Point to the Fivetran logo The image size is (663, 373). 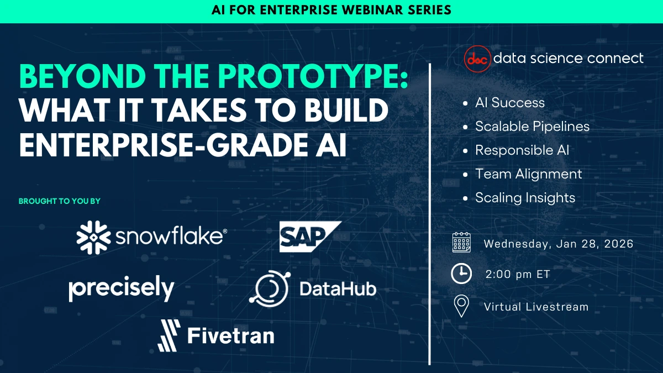point(216,335)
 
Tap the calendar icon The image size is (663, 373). point(461,243)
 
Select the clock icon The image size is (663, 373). point(461,274)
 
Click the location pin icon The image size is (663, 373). point(461,306)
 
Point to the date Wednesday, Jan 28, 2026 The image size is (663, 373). point(558,244)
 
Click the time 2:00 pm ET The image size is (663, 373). point(517,274)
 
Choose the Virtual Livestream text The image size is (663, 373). point(536,307)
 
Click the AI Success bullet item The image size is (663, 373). point(509,103)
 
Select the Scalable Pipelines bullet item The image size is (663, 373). point(532,127)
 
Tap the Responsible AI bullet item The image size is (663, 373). point(522,150)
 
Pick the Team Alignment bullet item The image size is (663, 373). point(528,174)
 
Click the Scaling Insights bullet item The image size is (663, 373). point(525,198)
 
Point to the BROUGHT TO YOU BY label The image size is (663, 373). point(60,201)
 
